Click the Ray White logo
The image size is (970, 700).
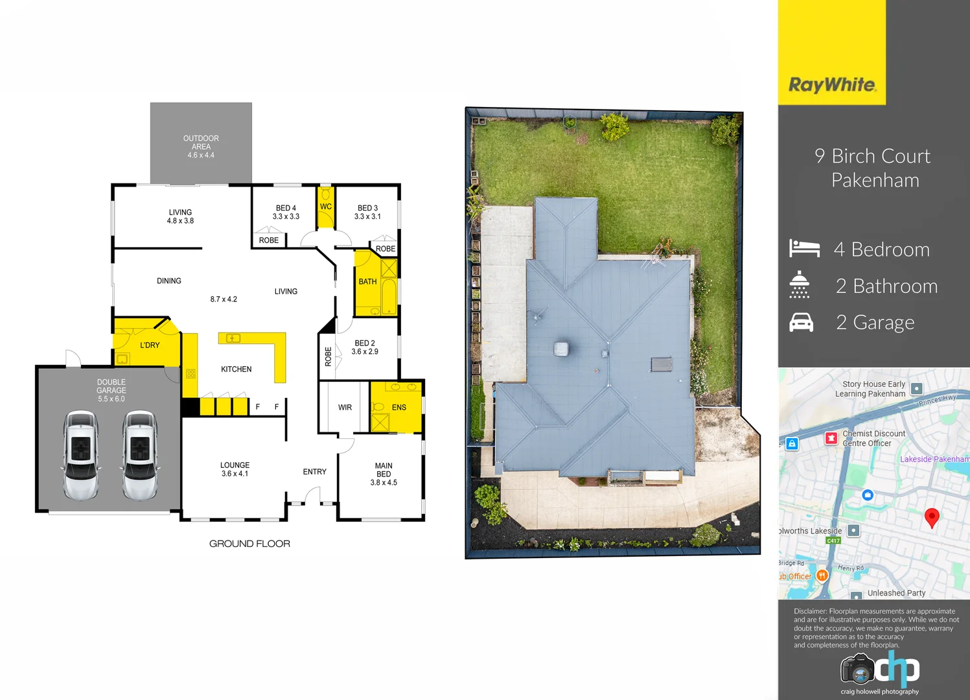click(x=832, y=85)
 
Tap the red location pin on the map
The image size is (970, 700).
click(x=932, y=517)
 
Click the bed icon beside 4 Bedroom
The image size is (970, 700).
click(x=804, y=248)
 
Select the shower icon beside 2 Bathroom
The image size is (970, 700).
click(x=800, y=285)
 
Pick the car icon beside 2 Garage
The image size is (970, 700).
click(x=802, y=322)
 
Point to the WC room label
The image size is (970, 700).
click(x=326, y=207)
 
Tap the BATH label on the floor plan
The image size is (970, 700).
click(x=367, y=282)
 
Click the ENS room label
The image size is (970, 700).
click(x=399, y=408)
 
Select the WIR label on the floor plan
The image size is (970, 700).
click(x=345, y=408)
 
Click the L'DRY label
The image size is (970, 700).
click(x=150, y=345)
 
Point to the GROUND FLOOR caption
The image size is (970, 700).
click(x=249, y=544)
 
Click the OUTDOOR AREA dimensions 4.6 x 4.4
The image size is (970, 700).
click(x=201, y=156)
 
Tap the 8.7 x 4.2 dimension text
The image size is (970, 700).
click(x=224, y=299)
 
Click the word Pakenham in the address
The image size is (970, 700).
click(x=875, y=180)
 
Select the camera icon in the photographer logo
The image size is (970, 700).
click(x=857, y=670)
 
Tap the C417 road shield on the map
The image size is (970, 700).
click(x=833, y=541)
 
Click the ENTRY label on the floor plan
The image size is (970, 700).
click(x=315, y=472)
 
